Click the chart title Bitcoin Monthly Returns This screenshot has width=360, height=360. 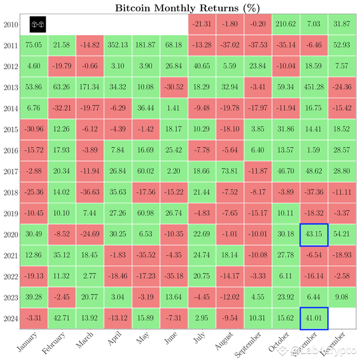click(x=187, y=8)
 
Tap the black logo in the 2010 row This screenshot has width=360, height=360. click(x=38, y=24)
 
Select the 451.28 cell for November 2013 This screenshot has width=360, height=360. click(x=314, y=87)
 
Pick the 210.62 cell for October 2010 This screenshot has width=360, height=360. click(x=286, y=24)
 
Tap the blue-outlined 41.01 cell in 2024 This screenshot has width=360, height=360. click(x=314, y=319)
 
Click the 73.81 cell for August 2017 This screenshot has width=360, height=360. click(x=230, y=172)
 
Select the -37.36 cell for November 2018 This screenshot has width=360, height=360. click(x=314, y=193)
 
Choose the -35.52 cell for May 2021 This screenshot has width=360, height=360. click(x=146, y=256)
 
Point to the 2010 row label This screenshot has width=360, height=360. click(x=11, y=25)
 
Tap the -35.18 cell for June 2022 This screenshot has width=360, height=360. click(x=174, y=277)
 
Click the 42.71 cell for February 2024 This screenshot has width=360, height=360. click(x=62, y=319)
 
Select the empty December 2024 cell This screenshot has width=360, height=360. click(x=342, y=319)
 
